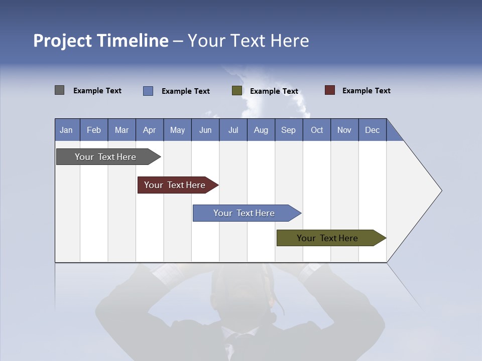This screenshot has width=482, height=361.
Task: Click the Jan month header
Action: pyautogui.click(x=66, y=130)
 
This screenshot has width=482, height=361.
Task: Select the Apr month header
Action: pyautogui.click(x=149, y=130)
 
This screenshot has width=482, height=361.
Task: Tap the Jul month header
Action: pyautogui.click(x=233, y=130)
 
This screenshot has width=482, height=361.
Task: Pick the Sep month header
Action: pyautogui.click(x=288, y=130)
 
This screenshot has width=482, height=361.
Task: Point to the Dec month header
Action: pyautogui.click(x=372, y=130)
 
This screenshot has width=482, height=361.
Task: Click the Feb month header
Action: pyautogui.click(x=94, y=130)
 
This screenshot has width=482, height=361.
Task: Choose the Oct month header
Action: pyautogui.click(x=317, y=130)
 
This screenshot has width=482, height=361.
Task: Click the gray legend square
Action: pyautogui.click(x=59, y=90)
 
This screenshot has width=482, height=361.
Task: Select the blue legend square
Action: pyautogui.click(x=148, y=91)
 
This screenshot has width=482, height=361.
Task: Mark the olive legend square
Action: pyautogui.click(x=237, y=91)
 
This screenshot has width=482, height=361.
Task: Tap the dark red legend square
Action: pyautogui.click(x=330, y=90)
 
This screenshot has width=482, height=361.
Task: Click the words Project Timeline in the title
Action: pyautogui.click(x=101, y=41)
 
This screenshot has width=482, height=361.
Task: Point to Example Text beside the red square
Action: pyautogui.click(x=366, y=91)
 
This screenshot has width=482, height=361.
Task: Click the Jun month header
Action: pyautogui.click(x=205, y=130)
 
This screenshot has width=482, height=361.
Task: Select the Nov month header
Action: pyautogui.click(x=344, y=130)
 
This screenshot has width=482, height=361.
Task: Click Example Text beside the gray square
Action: pyautogui.click(x=97, y=91)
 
